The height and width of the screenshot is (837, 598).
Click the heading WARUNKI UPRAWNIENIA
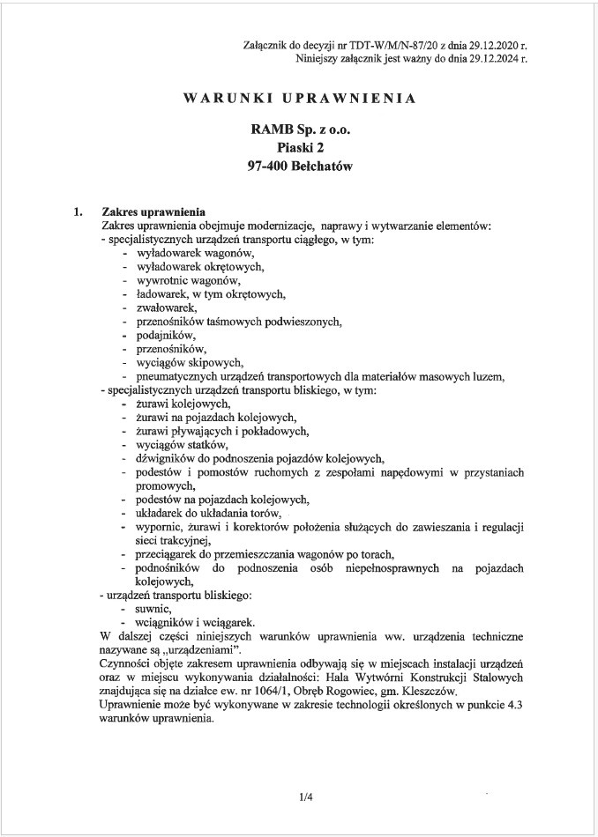(299, 99)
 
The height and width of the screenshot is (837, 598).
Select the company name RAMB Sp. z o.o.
(299, 129)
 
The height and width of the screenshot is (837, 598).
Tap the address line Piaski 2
(299, 147)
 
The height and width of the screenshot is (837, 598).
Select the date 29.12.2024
(494, 59)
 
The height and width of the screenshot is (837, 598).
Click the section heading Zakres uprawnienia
(153, 212)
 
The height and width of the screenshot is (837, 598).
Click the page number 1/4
(306, 798)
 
